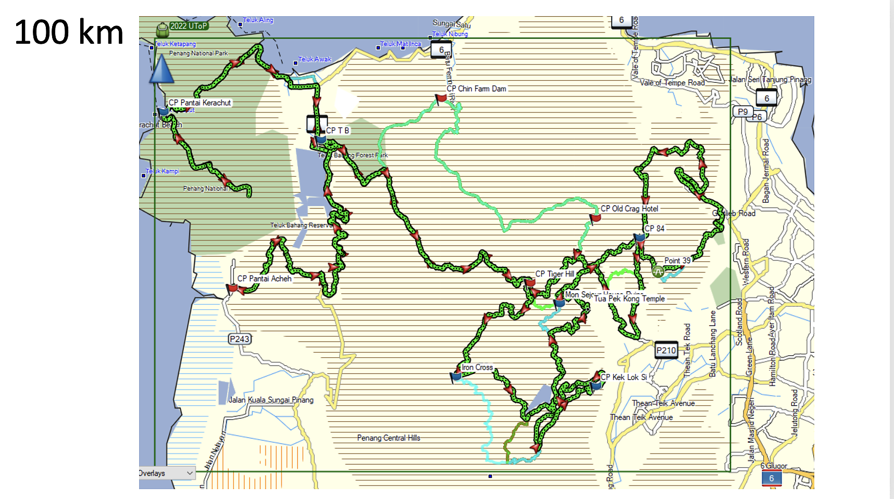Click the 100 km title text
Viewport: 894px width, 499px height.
(x=69, y=32)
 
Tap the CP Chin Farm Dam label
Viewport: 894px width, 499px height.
(x=476, y=89)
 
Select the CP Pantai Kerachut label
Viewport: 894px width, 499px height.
(x=200, y=103)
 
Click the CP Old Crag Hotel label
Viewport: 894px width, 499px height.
(x=629, y=209)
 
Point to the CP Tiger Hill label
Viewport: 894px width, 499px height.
(x=554, y=274)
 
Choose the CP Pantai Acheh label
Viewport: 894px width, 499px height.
(x=264, y=279)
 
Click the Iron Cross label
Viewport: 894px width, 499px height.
(x=477, y=368)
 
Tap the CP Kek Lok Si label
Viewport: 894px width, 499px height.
(x=624, y=377)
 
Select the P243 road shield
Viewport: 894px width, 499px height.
(x=240, y=339)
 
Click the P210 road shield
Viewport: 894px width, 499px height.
(x=666, y=351)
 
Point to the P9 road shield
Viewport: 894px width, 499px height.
(x=742, y=111)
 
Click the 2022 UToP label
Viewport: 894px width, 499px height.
(x=188, y=26)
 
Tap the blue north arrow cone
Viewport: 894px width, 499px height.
(x=162, y=70)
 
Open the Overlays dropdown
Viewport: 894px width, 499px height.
(x=167, y=473)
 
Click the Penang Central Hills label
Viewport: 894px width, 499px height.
(x=388, y=438)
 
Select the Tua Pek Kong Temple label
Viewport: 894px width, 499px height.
(x=629, y=299)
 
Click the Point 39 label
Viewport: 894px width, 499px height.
(x=677, y=261)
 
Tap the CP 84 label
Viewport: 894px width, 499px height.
(x=654, y=229)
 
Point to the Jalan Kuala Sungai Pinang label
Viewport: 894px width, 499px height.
(x=271, y=400)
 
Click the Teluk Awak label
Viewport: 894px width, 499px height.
(x=315, y=59)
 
